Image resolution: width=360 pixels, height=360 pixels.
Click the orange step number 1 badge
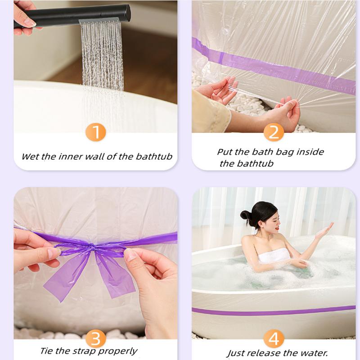(96, 132)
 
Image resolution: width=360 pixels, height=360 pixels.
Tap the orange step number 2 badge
(274, 132)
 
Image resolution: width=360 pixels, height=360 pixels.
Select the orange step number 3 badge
(96, 338)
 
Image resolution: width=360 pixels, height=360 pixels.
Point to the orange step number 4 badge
(274, 338)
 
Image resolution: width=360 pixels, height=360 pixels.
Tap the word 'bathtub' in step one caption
(154, 156)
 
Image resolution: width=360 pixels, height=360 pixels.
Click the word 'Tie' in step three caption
(47, 351)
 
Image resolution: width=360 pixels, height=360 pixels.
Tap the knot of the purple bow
(92, 247)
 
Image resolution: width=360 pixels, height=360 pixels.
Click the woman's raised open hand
(324, 231)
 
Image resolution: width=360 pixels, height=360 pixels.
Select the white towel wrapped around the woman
(274, 255)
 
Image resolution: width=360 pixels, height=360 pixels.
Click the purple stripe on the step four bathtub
(274, 311)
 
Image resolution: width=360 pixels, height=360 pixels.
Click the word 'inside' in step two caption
(310, 152)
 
